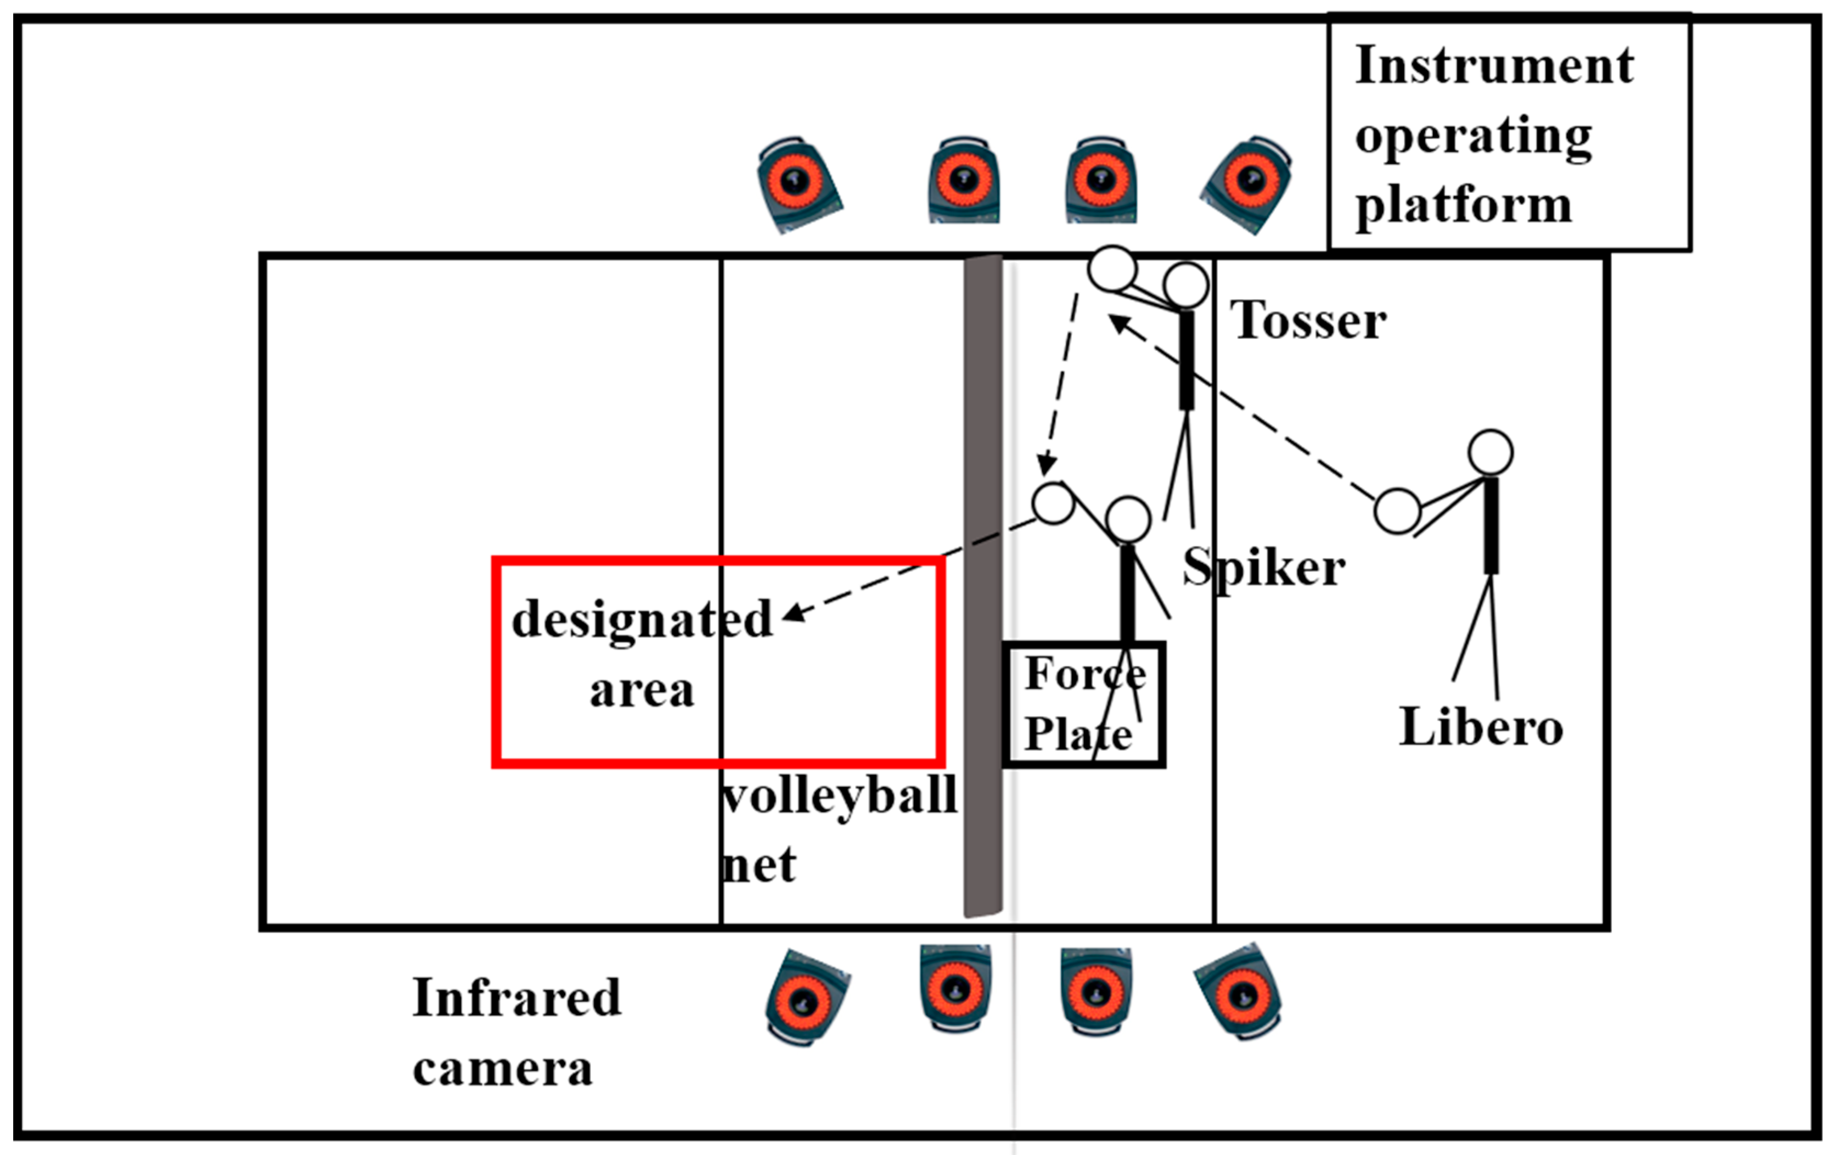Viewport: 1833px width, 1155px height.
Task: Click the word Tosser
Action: pyautogui.click(x=1308, y=321)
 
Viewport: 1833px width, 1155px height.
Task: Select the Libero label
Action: pyautogui.click(x=1481, y=727)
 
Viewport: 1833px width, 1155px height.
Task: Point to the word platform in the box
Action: pyautogui.click(x=1463, y=205)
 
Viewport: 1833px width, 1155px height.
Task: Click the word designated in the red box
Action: pyautogui.click(x=642, y=620)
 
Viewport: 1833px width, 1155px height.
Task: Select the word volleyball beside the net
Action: pyautogui.click(x=839, y=797)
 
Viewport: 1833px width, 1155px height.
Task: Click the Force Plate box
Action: pyautogui.click(x=1083, y=704)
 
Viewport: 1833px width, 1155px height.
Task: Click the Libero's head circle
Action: pyautogui.click(x=1489, y=452)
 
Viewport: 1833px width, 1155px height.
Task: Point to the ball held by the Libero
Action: pyautogui.click(x=1397, y=511)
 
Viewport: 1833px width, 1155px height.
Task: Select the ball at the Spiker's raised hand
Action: pyautogui.click(x=1053, y=503)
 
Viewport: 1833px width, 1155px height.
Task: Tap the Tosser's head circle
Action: pyautogui.click(x=1185, y=285)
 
